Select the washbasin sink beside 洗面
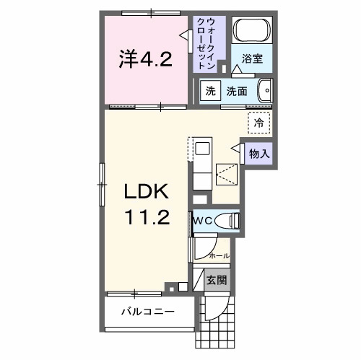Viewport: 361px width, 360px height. tap(265, 91)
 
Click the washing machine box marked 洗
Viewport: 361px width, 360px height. tap(210, 92)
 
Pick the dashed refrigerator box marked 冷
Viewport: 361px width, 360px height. tap(258, 123)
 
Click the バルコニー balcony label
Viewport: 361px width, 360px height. tap(147, 312)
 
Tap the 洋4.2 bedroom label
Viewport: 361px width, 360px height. tap(145, 58)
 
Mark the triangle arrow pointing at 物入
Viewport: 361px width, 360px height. tap(235, 148)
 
